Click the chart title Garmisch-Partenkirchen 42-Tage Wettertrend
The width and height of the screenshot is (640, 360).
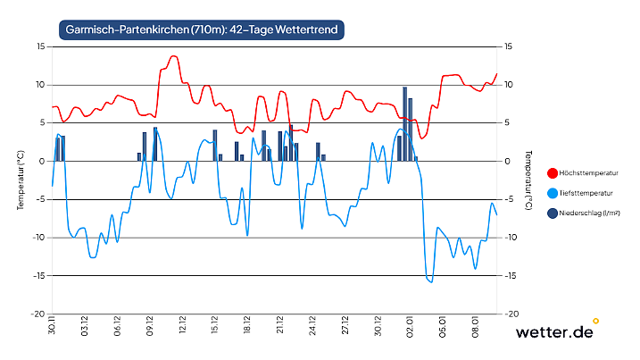[201, 29]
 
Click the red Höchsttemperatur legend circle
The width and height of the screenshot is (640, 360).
[540, 172]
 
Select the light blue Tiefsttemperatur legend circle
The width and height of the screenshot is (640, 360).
[540, 192]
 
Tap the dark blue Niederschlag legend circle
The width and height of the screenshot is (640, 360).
[540, 213]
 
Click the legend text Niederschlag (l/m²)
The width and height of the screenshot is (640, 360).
[589, 213]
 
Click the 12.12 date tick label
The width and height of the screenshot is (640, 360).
[182, 326]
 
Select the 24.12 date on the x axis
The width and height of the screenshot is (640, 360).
[312, 326]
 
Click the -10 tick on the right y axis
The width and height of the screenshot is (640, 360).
[511, 238]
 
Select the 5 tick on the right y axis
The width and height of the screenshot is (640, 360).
[509, 123]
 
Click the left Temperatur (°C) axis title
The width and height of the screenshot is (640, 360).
[20, 180]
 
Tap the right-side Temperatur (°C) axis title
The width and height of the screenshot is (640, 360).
[530, 180]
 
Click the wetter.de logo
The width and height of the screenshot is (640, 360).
[555, 331]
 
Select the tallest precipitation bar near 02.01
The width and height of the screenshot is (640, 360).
[404, 124]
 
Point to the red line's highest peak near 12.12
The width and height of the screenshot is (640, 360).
[173, 56]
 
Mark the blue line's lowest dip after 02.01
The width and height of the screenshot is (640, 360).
[431, 282]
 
